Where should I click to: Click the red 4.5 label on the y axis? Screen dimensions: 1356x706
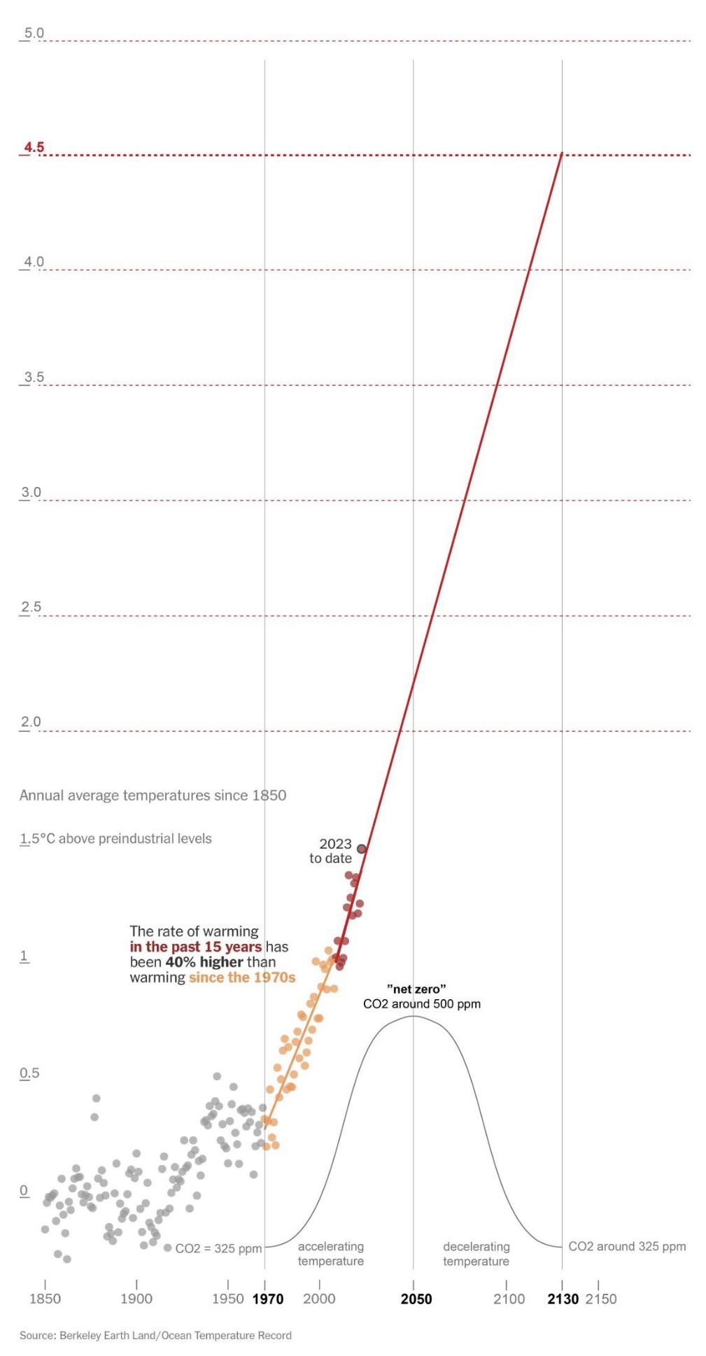click(x=34, y=147)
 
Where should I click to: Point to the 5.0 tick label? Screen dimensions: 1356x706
click(x=34, y=33)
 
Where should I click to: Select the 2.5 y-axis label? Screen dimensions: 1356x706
click(x=31, y=607)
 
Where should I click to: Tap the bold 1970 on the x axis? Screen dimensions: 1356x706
click(x=268, y=1299)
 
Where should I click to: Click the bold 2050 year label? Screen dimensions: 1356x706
click(x=416, y=1299)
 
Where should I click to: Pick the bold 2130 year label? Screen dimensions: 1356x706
click(x=563, y=1299)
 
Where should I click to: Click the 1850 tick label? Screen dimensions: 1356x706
click(x=45, y=1299)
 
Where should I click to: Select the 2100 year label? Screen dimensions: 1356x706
click(x=509, y=1299)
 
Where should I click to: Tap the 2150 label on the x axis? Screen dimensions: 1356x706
click(x=601, y=1299)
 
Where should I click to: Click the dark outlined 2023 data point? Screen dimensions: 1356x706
click(x=362, y=849)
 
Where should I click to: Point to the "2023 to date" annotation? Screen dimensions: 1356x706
click(x=332, y=851)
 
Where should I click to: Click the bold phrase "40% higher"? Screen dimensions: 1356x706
click(x=204, y=962)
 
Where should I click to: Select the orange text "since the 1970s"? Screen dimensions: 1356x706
click(x=242, y=977)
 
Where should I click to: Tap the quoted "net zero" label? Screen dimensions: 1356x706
click(x=416, y=989)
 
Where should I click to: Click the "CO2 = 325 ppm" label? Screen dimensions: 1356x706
click(x=218, y=1249)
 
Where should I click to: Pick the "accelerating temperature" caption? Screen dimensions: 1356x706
click(x=331, y=1254)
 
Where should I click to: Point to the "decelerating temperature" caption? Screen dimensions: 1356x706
click(x=476, y=1254)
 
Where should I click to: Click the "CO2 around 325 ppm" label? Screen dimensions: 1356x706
click(x=627, y=1246)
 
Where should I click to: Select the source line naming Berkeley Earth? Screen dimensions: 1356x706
click(x=155, y=1335)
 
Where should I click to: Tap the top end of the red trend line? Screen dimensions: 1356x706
click(x=562, y=153)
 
